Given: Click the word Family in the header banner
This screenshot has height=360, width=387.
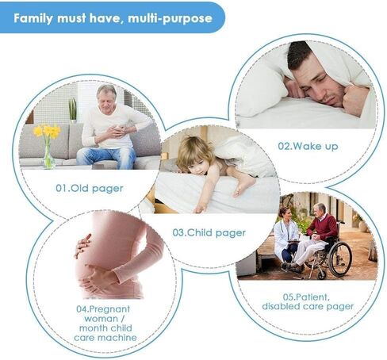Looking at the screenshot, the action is coord(33,18).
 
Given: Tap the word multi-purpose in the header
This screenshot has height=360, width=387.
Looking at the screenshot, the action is coord(170,18).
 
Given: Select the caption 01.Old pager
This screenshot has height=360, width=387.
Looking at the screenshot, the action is coord(90,189).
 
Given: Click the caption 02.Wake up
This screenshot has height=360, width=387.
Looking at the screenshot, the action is coord(308,146).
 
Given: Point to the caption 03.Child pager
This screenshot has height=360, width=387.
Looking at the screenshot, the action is coord(209,233).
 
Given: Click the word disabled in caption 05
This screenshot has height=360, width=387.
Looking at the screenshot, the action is coord(281,306).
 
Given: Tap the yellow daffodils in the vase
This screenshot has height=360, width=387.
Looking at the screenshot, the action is coord(48,131).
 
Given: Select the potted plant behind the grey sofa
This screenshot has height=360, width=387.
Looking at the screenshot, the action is coord(73,110).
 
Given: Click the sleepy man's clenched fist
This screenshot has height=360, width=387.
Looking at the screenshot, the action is coord(355,98).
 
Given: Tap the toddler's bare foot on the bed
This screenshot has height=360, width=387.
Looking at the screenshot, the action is coord(243,186).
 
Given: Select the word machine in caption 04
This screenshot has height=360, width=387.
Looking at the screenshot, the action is coord(121,338).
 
